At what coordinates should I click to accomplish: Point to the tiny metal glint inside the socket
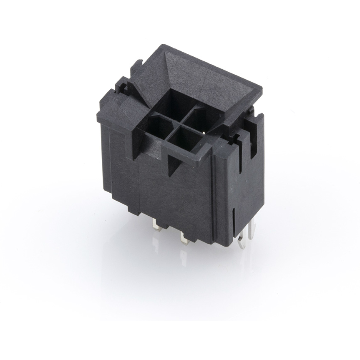tap(203, 132)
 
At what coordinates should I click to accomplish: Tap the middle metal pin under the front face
tap(184, 238)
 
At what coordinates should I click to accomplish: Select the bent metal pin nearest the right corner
tap(241, 241)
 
